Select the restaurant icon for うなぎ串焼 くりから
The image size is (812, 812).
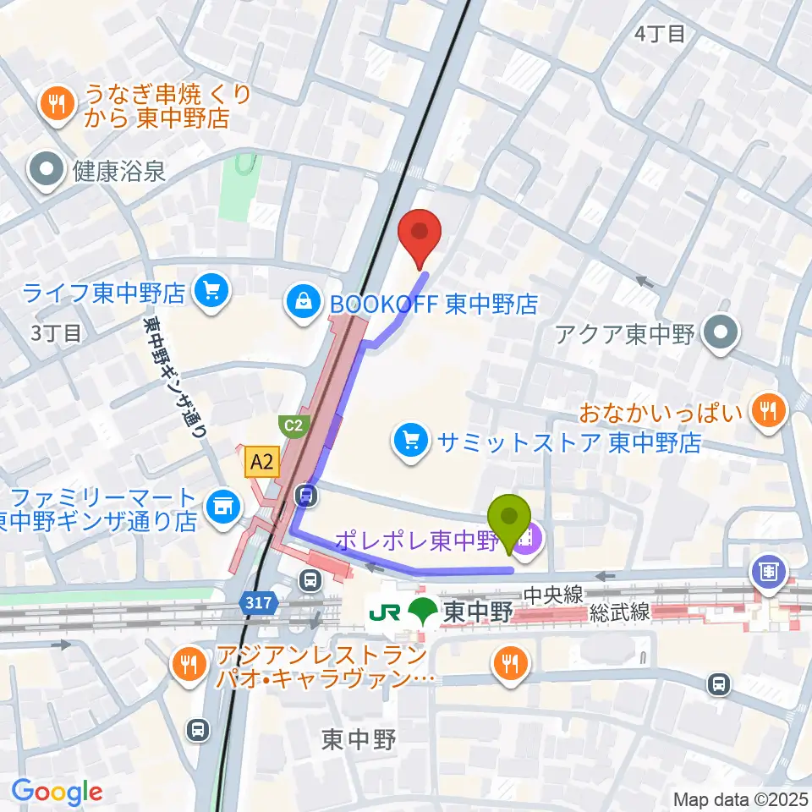coord(57,105)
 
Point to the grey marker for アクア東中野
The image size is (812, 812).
coord(721,334)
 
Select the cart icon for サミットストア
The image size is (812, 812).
coord(411,441)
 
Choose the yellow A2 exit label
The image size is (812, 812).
coord(261,461)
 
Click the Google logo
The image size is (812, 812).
coord(57,792)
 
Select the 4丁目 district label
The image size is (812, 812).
coord(659,34)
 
